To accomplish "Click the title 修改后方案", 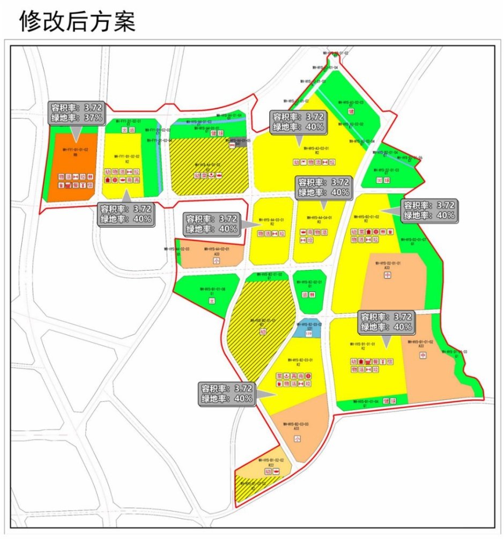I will pyautogui.click(x=78, y=21).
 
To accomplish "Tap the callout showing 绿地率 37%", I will pyautogui.click(x=76, y=117).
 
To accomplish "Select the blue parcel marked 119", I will pyautogui.click(x=308, y=330).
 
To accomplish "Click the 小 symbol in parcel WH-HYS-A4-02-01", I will pyautogui.click(x=217, y=260).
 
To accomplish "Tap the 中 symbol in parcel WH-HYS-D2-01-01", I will pyautogui.click(x=387, y=275).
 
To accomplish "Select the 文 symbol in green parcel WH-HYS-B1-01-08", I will pyautogui.click(x=212, y=301).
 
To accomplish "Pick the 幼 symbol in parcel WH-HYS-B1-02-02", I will pyautogui.click(x=268, y=471).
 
